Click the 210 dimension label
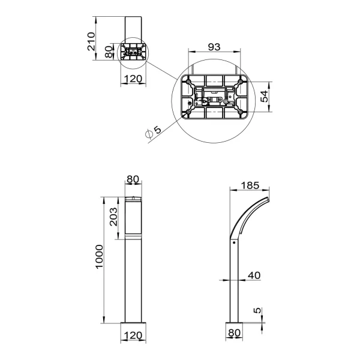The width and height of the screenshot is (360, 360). (91, 41)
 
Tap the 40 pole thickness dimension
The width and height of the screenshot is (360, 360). (254, 275)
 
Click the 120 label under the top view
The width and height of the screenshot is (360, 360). (132, 79)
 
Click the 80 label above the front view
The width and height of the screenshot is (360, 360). (132, 179)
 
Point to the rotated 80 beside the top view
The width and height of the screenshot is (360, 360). (109, 52)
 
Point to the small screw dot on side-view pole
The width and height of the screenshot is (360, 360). (233, 243)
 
